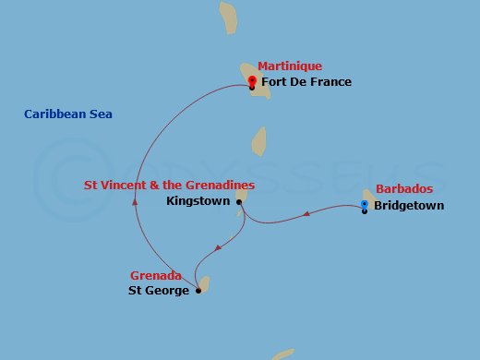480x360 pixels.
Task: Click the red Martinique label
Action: [x=290, y=66]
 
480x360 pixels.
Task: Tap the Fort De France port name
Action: [x=306, y=82]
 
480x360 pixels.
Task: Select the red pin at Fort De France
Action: [x=252, y=81]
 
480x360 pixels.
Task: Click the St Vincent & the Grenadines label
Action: [x=169, y=185]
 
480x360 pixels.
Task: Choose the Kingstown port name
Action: [x=198, y=200]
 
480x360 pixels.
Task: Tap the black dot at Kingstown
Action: [x=239, y=201]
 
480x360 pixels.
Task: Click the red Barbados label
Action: [x=404, y=189]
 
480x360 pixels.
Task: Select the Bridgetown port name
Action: [x=408, y=206]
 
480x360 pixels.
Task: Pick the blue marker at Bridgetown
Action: [x=365, y=205]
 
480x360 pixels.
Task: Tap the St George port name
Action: [x=158, y=291]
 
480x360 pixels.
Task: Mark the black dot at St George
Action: [x=198, y=291]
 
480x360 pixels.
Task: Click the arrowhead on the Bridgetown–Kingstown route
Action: [x=306, y=215]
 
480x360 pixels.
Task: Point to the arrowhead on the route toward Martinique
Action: [x=135, y=199]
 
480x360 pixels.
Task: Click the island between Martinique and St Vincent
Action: [x=259, y=140]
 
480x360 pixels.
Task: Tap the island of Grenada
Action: [x=203, y=283]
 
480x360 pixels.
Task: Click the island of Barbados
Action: [x=367, y=197]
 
